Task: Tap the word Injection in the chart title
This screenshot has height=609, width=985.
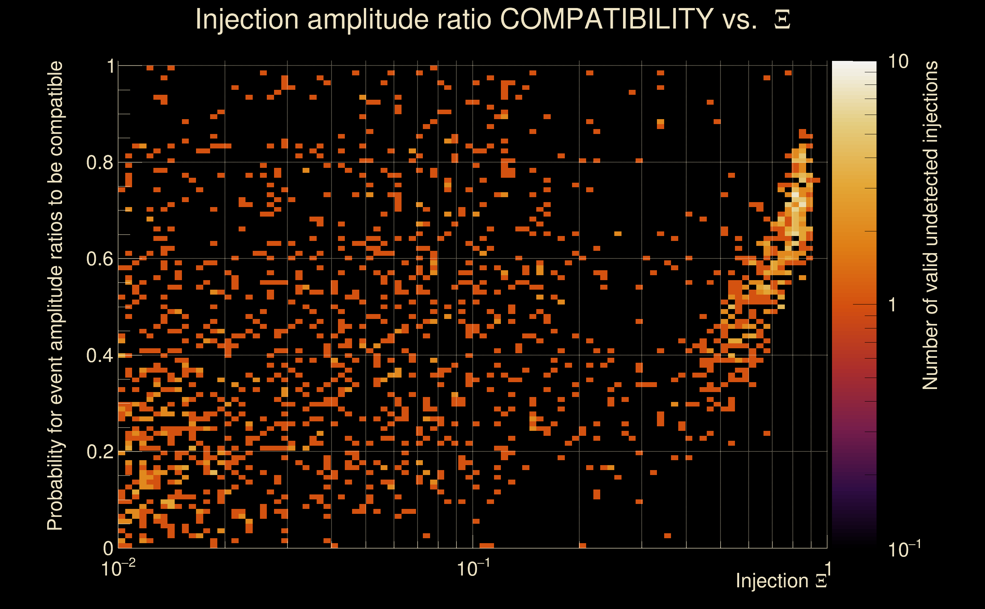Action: (247, 19)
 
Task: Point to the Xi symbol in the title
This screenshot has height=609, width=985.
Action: (782, 20)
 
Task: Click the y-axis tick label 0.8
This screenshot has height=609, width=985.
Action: (99, 163)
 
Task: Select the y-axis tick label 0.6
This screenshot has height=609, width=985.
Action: (99, 259)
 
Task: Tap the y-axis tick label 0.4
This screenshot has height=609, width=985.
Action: (99, 356)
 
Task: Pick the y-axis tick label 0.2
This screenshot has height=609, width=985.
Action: (99, 452)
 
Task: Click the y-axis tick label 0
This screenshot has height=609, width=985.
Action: (108, 548)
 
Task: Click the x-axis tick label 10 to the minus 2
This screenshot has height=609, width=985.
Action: (118, 568)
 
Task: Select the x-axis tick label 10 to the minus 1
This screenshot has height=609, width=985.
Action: (473, 568)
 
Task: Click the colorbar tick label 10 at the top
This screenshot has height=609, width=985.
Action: (898, 62)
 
